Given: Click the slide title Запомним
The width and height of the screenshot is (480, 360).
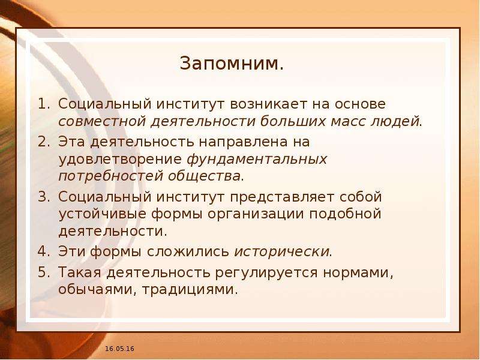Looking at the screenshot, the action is click(232, 64).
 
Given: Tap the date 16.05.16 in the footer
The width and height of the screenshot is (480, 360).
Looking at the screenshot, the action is click(119, 349).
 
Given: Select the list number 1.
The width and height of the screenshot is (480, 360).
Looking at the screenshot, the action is click(44, 104).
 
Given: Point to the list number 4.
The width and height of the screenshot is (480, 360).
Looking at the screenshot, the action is click(44, 251).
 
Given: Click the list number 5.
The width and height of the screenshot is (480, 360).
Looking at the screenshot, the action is click(44, 272).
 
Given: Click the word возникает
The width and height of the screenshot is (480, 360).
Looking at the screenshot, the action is click(268, 104).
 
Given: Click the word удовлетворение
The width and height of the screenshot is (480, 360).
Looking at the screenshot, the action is click(121, 160).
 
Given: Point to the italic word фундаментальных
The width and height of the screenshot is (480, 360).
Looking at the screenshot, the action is click(257, 160).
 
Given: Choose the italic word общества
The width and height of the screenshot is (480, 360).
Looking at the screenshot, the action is click(204, 176).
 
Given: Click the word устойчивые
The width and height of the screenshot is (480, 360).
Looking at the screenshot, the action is click(103, 214).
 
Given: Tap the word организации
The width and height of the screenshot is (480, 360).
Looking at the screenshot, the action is click(256, 215).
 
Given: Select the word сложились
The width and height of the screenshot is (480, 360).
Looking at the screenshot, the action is click(188, 252).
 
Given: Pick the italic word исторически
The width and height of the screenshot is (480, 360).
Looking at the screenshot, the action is click(281, 252).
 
